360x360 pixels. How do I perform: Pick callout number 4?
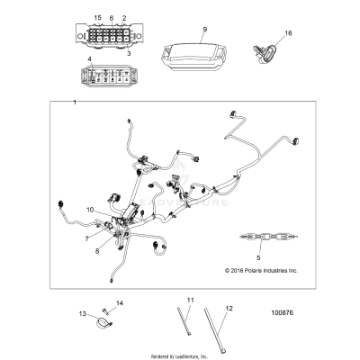(90, 60)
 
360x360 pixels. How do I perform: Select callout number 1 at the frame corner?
(75, 105)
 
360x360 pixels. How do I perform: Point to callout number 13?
(82, 314)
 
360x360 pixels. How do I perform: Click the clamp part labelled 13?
(101, 319)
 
